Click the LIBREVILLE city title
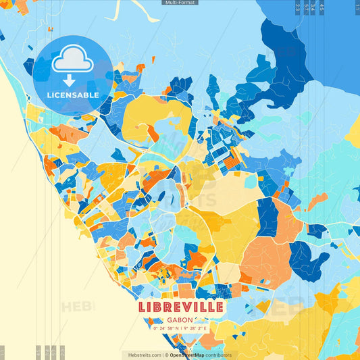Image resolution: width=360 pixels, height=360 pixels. tap(180, 307)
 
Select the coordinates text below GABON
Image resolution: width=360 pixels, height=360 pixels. tap(180, 328)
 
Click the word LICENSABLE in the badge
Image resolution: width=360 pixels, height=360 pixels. tap(73, 95)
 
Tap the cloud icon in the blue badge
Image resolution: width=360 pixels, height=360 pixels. tap(72, 61)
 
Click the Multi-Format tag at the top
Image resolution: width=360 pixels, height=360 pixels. tap(180, 3)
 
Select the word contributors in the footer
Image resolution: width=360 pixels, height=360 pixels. tap(218, 355)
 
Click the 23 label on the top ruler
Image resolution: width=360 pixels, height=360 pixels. tap(299, 7)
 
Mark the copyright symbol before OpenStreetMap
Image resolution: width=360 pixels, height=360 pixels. tap(166, 355)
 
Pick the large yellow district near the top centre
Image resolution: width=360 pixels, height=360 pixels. tap(155, 111)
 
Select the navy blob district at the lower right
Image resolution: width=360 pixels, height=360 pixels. tap(307, 260)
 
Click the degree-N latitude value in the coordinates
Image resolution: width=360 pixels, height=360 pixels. tap(168, 328)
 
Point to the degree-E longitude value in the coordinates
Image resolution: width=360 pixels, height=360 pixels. tap(195, 328)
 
